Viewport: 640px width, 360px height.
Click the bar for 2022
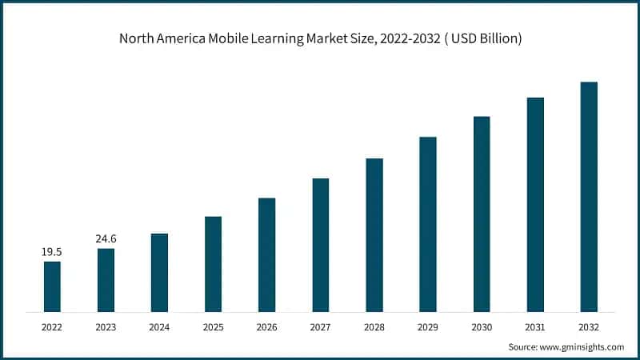point(52,286)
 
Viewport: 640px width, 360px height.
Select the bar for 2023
point(106,280)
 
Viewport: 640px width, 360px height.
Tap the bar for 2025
point(213,264)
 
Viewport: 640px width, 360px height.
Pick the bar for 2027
point(320,245)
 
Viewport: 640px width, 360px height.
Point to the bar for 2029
point(428,224)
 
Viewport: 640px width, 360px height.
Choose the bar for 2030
point(482,214)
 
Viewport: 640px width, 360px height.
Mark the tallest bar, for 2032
point(589,197)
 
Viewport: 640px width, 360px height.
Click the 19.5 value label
point(52,252)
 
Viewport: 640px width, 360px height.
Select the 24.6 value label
point(106,238)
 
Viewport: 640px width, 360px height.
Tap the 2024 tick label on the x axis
point(159,326)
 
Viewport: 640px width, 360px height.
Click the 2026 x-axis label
point(266,326)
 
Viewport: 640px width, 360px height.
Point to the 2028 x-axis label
point(374,326)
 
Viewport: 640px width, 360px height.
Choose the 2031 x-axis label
point(535,326)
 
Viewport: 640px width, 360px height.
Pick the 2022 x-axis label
point(52,326)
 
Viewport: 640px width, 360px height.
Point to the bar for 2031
point(535,204)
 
